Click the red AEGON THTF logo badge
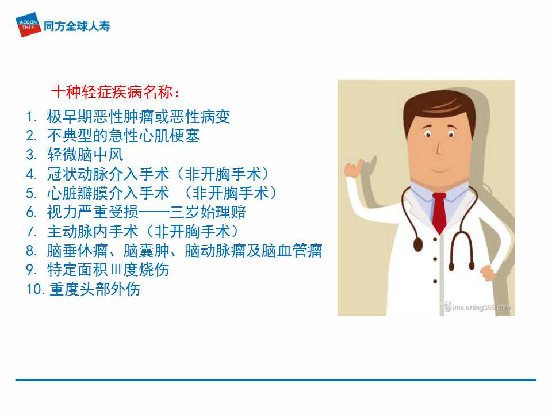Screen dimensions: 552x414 [x=28, y=25]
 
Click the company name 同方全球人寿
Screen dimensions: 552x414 [x=76, y=26]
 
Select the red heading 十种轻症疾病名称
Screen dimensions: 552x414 [x=116, y=92]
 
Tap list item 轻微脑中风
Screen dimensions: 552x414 [x=85, y=155]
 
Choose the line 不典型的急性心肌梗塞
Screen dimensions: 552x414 [x=123, y=136]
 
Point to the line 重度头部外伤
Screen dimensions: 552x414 [x=95, y=289]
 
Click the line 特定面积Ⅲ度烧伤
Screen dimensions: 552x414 [x=108, y=270]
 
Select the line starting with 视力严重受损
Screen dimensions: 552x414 [x=147, y=212]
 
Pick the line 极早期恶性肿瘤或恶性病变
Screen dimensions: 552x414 [x=139, y=117]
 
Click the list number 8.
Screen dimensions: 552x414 [x=31, y=251]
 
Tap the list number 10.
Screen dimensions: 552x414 [x=35, y=289]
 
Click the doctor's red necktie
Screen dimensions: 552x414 [x=439, y=213]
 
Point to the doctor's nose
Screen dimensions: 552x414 [x=439, y=147]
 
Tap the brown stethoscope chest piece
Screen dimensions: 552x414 [x=418, y=245]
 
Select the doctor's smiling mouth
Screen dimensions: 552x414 [x=439, y=170]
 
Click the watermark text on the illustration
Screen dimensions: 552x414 [x=476, y=307]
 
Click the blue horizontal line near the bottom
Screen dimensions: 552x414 [x=275, y=380]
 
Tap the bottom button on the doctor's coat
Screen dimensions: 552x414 [x=435, y=282]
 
